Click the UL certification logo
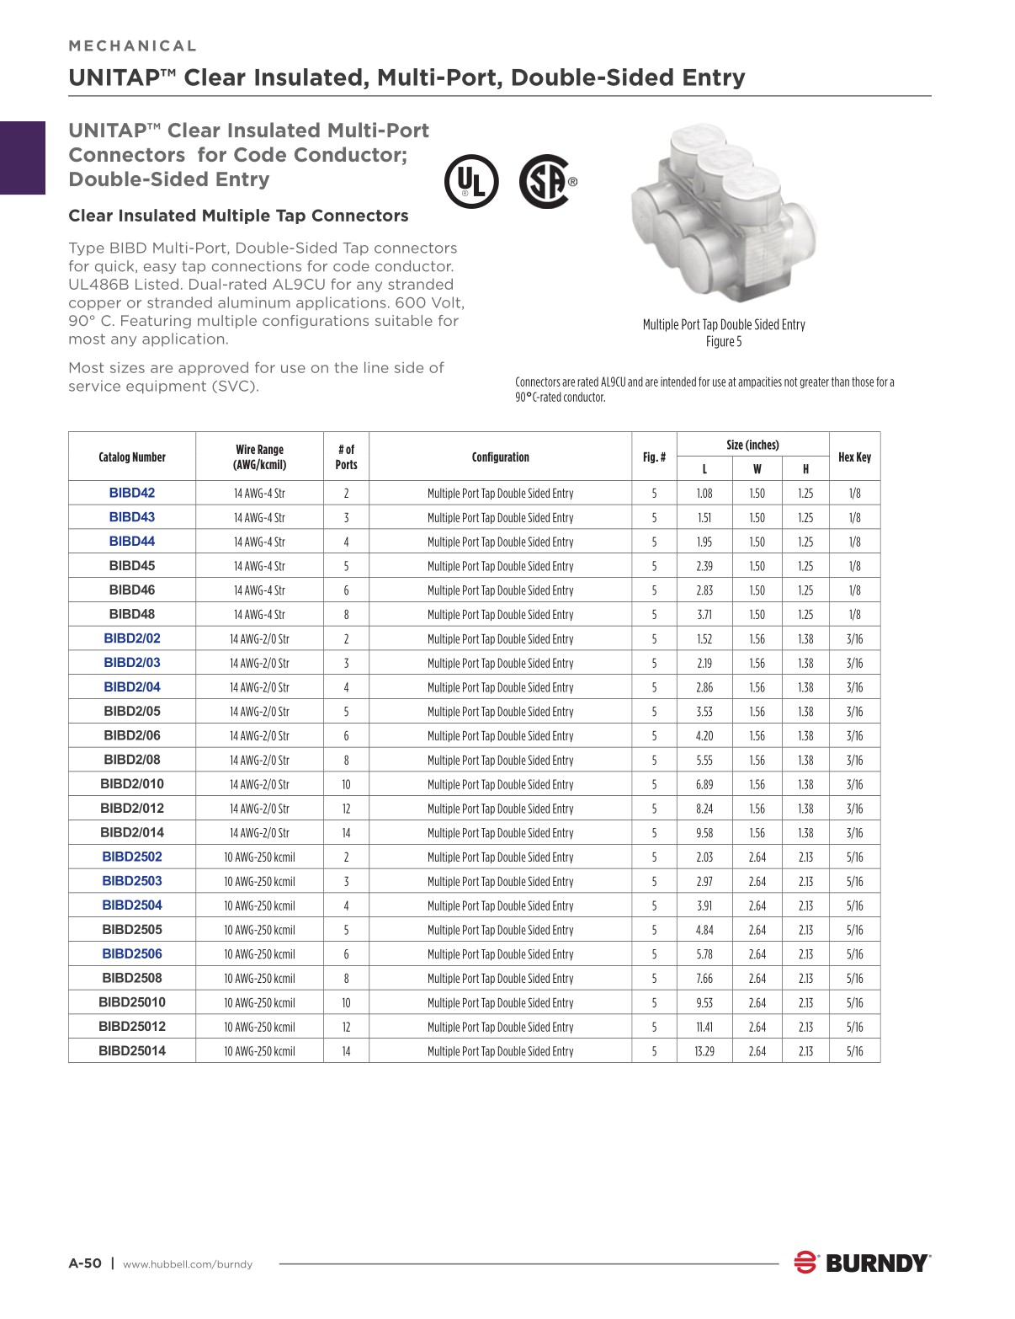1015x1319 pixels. pyautogui.click(x=471, y=181)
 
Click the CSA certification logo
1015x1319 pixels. pyautogui.click(x=546, y=181)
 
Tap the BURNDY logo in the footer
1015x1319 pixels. pyautogui.click(x=862, y=1263)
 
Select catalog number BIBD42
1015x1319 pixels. pyautogui.click(x=132, y=494)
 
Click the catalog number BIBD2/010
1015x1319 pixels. pyautogui.click(x=132, y=784)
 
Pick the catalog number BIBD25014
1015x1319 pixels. pyautogui.click(x=132, y=1051)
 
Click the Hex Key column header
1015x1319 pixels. pyautogui.click(x=854, y=457)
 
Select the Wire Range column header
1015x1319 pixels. pyautogui.click(x=259, y=457)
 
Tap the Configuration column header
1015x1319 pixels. pyautogui.click(x=500, y=457)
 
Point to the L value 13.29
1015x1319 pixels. pyautogui.click(x=704, y=1051)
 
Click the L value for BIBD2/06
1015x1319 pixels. pyautogui.click(x=704, y=736)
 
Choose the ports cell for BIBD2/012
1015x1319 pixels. pyautogui.click(x=346, y=809)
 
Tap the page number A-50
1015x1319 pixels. pyautogui.click(x=85, y=1263)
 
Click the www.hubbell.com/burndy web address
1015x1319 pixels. pyautogui.click(x=188, y=1264)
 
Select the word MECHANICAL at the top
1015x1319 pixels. pyautogui.click(x=133, y=46)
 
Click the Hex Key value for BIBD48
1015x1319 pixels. pyautogui.click(x=854, y=615)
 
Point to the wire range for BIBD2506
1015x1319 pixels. pyautogui.click(x=259, y=954)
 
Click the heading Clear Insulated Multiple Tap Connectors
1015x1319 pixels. pyautogui.click(x=238, y=216)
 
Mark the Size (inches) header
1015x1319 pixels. pyautogui.click(x=752, y=445)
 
